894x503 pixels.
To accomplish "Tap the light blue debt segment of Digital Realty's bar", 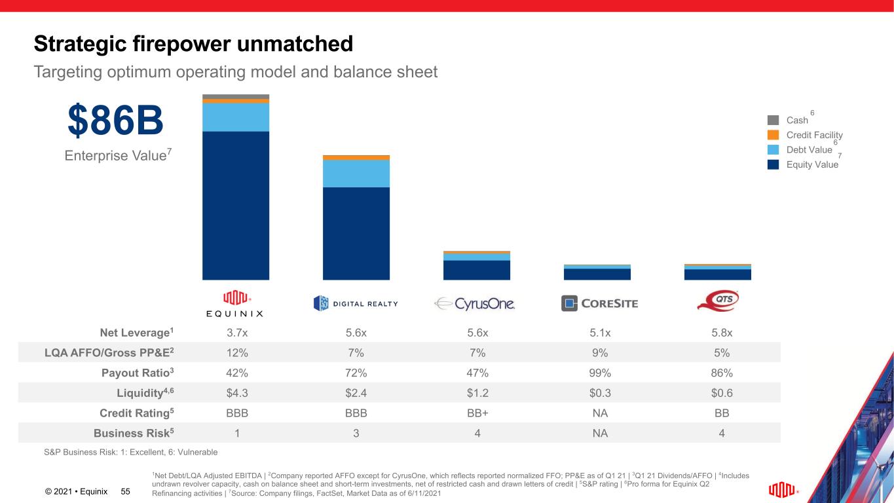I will tap(356, 174).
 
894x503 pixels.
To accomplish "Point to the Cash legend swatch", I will tap(773, 120).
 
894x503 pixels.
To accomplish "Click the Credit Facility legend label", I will tap(814, 135).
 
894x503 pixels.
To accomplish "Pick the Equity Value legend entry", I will tap(811, 165).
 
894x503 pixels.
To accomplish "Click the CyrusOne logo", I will tap(475, 303).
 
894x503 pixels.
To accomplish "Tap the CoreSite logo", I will tap(599, 303).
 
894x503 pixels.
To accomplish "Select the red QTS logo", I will tap(718, 301).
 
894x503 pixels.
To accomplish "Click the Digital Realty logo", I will tap(356, 303).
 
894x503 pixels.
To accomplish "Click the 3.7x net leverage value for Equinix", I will tap(237, 332).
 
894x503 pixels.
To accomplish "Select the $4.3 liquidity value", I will tap(237, 393).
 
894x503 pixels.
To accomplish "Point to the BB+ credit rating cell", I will tap(477, 413).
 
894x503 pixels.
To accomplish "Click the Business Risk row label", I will tap(134, 433).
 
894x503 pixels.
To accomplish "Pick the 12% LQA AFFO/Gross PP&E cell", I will tap(237, 352).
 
